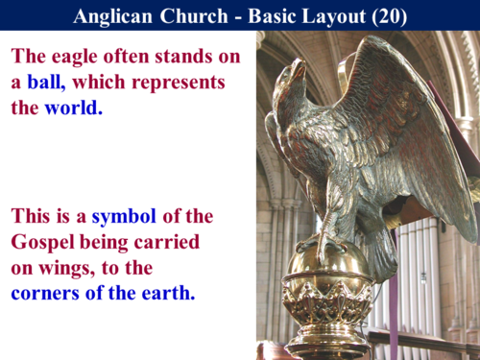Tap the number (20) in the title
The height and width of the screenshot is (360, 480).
[386, 15]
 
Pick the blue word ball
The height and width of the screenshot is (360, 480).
[46, 82]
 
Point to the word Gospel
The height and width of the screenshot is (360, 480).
[45, 242]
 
